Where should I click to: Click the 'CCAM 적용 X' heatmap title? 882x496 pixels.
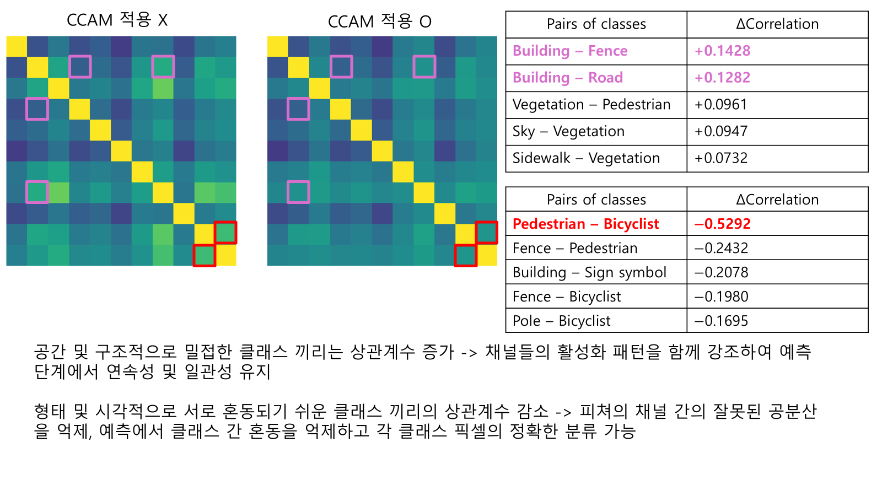pos(117,20)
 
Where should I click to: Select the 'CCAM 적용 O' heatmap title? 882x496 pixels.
pos(379,21)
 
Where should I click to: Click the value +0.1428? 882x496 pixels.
pos(722,51)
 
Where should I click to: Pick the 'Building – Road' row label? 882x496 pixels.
pos(568,78)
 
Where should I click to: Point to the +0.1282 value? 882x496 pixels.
pos(722,78)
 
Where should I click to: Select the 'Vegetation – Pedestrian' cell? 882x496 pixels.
pos(591,105)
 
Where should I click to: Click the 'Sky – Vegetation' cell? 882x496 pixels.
pos(568,131)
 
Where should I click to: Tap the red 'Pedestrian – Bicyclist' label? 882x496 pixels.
pos(585,224)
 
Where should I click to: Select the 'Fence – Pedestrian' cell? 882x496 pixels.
pos(575,248)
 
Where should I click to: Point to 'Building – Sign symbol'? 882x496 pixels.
pos(589,272)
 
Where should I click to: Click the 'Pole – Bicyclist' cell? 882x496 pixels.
pos(562,321)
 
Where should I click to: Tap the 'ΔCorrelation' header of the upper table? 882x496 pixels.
pos(777,24)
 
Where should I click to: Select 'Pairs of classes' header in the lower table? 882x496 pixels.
pos(596,200)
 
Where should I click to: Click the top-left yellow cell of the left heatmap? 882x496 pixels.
pos(17,46)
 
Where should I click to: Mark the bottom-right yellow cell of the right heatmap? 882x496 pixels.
pos(487,255)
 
